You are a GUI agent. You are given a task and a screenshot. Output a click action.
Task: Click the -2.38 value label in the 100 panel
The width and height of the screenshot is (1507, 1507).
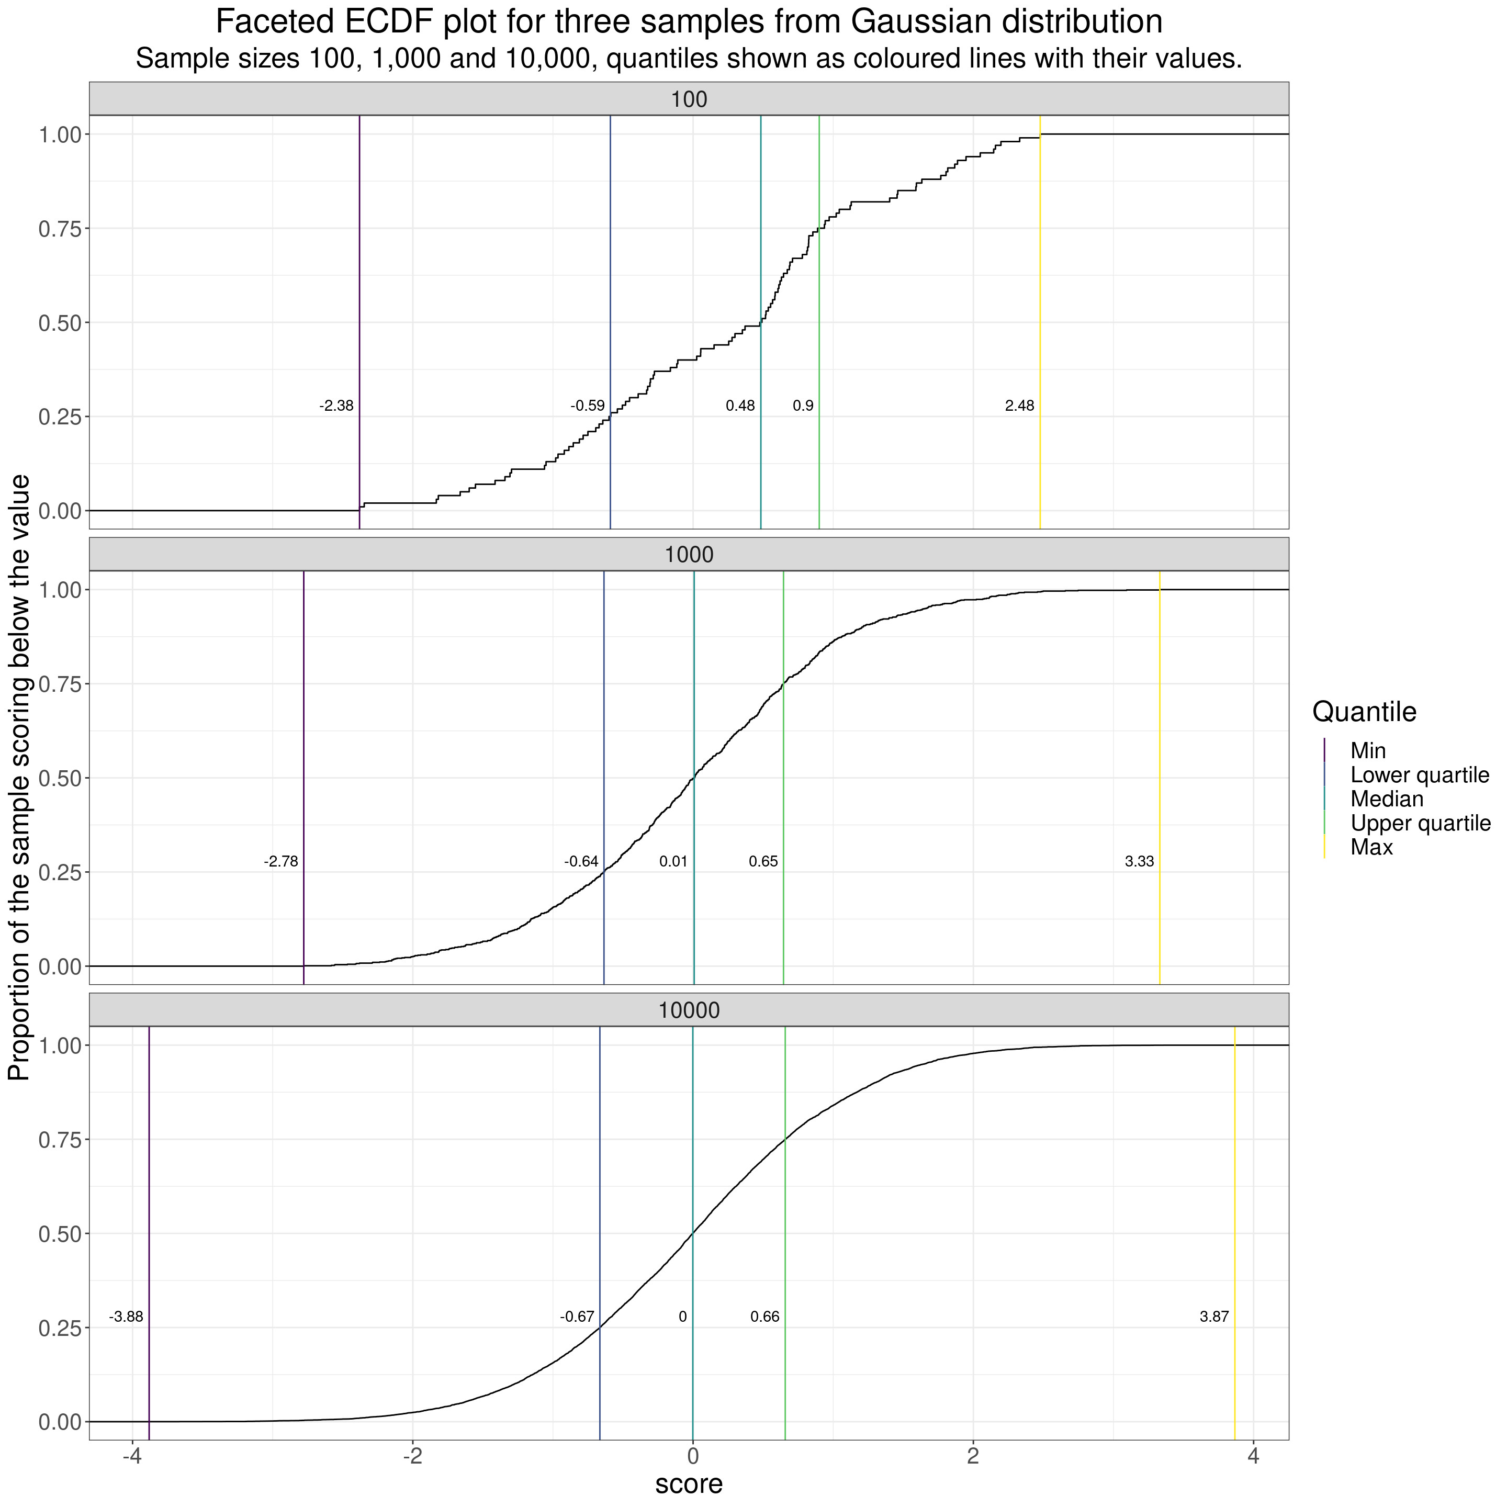(x=336, y=406)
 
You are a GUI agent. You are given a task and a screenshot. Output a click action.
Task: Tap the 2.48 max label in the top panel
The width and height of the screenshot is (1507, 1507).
(x=1019, y=406)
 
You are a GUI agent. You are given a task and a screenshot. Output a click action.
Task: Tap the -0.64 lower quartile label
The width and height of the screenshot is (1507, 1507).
(x=581, y=862)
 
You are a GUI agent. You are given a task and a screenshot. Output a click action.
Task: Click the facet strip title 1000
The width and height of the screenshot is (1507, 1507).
(x=689, y=555)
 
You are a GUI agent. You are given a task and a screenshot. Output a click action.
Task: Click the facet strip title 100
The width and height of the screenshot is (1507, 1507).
(x=689, y=99)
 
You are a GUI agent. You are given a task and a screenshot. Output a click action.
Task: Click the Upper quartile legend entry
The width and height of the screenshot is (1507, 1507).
(x=1420, y=824)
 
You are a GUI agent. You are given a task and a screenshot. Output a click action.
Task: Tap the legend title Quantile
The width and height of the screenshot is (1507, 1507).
(x=1364, y=712)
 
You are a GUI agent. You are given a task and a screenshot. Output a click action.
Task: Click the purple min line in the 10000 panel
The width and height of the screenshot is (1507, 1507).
(x=149, y=1170)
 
